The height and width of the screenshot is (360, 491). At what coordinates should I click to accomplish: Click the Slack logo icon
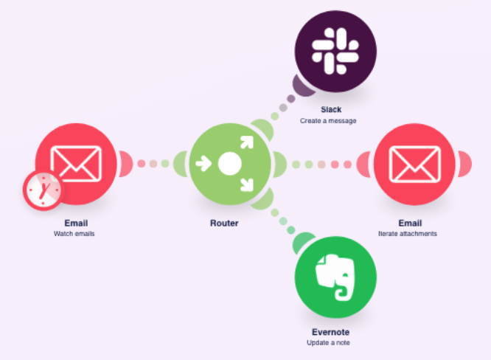pyautogui.click(x=335, y=51)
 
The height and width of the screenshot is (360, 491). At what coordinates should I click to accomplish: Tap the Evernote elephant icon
pyautogui.click(x=335, y=278)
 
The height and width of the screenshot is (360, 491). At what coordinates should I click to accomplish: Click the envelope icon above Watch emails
pyautogui.click(x=76, y=163)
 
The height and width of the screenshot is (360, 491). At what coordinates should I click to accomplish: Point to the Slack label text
pyautogui.click(x=331, y=110)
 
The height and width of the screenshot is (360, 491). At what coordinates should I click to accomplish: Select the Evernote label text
pyautogui.click(x=330, y=333)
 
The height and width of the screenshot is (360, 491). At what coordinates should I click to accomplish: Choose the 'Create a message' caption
pyautogui.click(x=328, y=120)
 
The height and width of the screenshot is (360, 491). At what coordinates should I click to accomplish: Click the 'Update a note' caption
pyautogui.click(x=329, y=343)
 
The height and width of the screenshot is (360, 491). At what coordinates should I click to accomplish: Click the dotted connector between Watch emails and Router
pyautogui.click(x=153, y=164)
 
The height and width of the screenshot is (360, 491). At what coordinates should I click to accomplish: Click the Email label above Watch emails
pyautogui.click(x=75, y=223)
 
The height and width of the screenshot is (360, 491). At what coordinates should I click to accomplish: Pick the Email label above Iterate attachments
pyautogui.click(x=410, y=223)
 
